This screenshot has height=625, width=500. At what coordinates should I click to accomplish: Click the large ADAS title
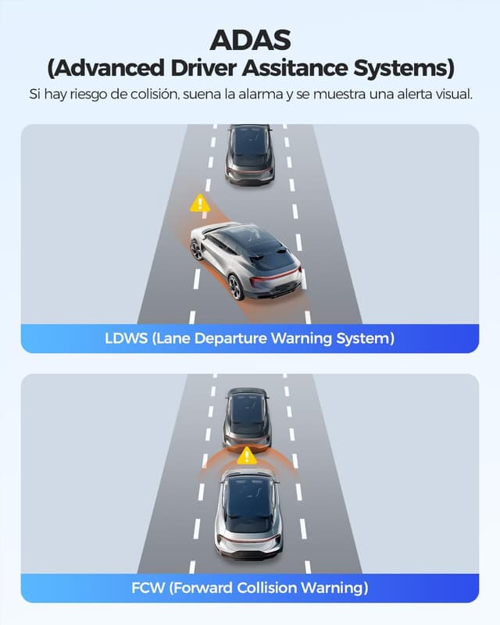(250, 40)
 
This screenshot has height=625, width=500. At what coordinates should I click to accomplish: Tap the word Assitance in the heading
(295, 68)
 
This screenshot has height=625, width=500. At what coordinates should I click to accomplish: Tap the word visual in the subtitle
(454, 94)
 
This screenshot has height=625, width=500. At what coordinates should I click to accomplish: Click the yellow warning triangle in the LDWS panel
(200, 204)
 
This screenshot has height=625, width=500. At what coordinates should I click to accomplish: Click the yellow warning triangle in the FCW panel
(247, 456)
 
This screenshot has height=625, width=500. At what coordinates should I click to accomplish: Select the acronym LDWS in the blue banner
(126, 338)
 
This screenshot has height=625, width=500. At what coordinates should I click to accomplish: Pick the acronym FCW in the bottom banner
(148, 588)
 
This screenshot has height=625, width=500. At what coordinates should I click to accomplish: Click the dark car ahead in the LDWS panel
(249, 155)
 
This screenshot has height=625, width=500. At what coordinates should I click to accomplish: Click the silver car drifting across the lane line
(246, 260)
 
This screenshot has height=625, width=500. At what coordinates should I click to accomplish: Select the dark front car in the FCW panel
(247, 420)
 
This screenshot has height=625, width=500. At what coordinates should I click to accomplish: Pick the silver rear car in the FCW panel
(248, 514)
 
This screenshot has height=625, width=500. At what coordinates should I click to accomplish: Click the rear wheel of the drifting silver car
(236, 287)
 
